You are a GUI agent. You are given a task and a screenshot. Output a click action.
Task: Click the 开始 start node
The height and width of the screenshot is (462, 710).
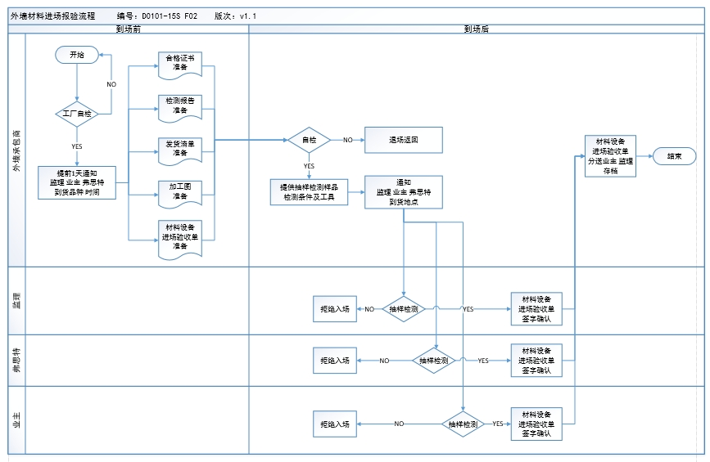tap(76, 55)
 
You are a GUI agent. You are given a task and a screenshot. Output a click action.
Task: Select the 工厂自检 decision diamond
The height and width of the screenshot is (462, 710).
tap(76, 114)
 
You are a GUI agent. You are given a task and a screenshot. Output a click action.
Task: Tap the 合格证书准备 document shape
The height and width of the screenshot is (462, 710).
tap(179, 63)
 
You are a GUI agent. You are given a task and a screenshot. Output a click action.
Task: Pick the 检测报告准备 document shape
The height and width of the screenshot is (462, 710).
tap(179, 105)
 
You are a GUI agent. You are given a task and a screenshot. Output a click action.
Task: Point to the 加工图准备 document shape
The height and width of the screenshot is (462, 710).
tap(179, 191)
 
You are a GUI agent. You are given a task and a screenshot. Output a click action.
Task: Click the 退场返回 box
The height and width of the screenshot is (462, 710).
tap(404, 140)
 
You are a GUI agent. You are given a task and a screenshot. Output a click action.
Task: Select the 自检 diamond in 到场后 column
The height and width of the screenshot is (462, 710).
tap(309, 140)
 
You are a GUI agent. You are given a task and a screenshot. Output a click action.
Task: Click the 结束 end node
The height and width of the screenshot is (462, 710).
tap(675, 155)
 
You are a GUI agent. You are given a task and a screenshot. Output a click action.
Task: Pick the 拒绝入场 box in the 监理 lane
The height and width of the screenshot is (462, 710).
tap(334, 309)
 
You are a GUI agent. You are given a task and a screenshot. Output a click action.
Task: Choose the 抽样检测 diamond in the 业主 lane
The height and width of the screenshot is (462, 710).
tap(464, 424)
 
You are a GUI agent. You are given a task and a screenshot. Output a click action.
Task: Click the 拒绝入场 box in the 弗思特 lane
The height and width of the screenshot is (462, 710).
tap(334, 360)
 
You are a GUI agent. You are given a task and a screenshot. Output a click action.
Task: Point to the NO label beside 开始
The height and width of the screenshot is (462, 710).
tap(111, 84)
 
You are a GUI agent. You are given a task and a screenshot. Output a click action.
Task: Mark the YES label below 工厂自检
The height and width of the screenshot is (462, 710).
tap(76, 146)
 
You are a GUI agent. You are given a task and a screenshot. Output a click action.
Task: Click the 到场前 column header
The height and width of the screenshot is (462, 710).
tap(128, 29)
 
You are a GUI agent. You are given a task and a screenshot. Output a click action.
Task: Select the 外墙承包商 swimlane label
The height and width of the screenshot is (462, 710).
tap(16, 150)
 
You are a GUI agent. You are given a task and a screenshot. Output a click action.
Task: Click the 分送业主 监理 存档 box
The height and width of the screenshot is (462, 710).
tap(610, 155)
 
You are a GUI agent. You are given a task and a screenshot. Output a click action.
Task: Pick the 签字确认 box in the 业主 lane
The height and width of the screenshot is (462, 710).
tap(536, 424)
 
